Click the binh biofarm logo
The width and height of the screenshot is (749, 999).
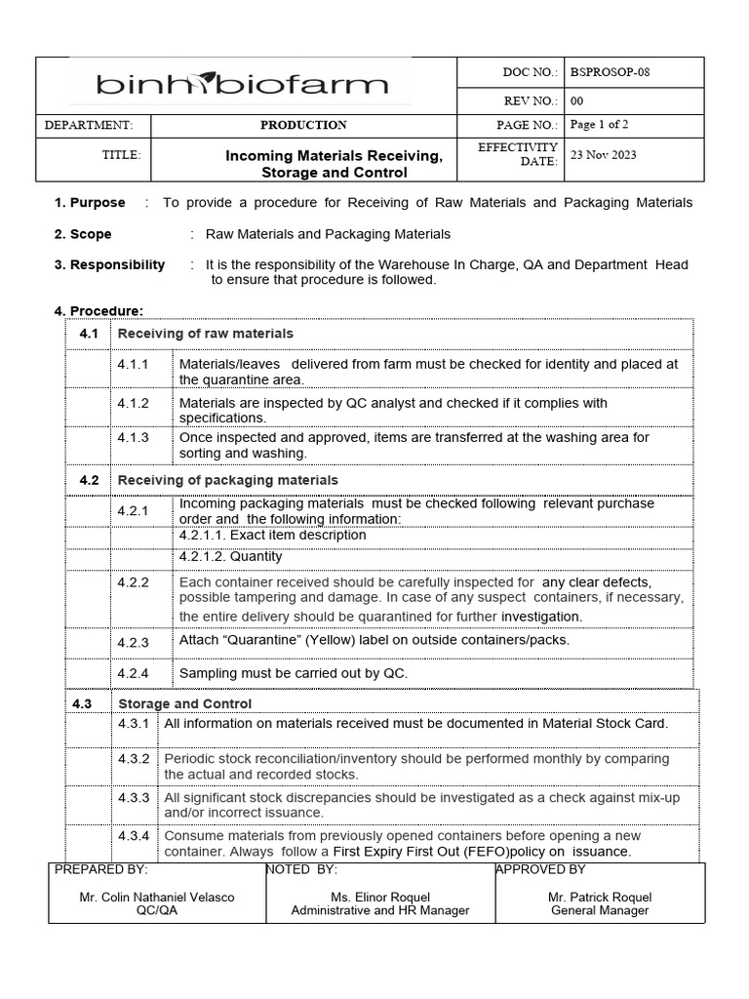(242, 85)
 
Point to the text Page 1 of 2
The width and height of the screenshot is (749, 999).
(599, 125)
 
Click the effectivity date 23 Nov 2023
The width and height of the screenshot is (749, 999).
(603, 155)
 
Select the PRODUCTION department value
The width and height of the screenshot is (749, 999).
(303, 125)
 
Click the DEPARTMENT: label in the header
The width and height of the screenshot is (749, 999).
(89, 125)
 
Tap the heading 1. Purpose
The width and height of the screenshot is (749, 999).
(90, 203)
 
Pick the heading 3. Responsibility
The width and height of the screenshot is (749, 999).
(109, 265)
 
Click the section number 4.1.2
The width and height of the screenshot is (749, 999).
(133, 403)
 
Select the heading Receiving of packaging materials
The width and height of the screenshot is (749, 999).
(227, 480)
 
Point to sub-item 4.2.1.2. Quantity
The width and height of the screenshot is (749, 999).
(230, 556)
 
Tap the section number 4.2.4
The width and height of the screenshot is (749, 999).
(133, 673)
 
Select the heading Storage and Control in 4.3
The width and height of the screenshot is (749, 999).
(184, 703)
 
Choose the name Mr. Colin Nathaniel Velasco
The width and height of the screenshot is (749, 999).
(157, 897)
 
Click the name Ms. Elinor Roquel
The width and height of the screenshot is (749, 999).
(380, 897)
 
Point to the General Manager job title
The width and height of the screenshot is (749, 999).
(600, 910)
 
